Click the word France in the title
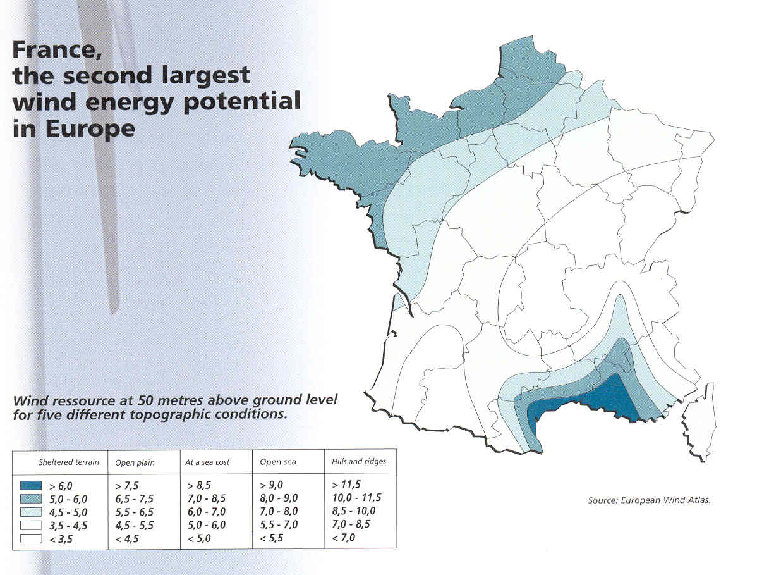point(51,51)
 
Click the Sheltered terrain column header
point(68,462)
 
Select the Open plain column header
point(135,462)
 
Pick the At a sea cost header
point(207,462)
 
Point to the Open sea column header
point(278,462)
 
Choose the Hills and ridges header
point(358,462)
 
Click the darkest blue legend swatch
point(30,486)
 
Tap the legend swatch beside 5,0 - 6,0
point(30,499)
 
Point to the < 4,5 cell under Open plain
point(128,538)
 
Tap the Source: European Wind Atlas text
point(649,500)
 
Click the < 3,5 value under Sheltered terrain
point(58,538)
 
